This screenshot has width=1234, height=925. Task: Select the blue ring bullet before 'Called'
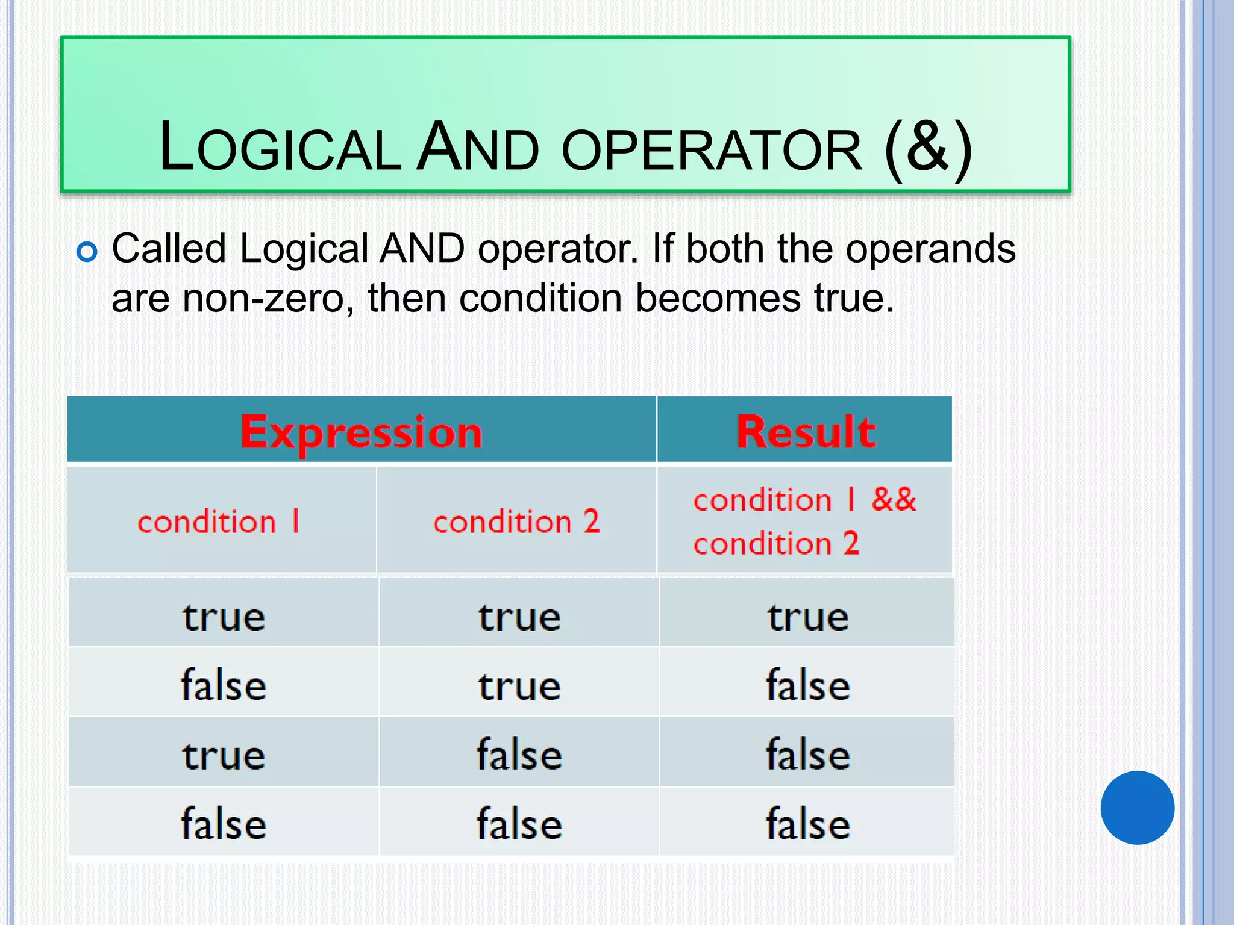click(87, 251)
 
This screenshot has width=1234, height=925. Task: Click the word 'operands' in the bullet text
click(930, 249)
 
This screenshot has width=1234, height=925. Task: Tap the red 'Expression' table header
click(362, 432)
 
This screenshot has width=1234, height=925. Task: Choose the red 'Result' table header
click(806, 432)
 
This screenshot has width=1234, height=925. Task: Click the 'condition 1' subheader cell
click(219, 521)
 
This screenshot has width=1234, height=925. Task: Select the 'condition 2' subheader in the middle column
click(516, 521)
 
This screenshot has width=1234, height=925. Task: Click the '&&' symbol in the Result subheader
click(894, 499)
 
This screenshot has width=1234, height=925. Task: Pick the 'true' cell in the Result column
click(808, 617)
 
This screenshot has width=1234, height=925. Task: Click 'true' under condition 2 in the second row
click(519, 687)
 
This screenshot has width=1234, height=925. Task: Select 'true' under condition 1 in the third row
click(224, 755)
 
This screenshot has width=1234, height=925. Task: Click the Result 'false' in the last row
click(808, 824)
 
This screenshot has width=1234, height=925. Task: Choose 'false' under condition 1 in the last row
click(224, 824)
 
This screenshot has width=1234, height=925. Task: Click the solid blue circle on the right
click(1137, 808)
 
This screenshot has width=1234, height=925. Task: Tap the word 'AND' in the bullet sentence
click(422, 249)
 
